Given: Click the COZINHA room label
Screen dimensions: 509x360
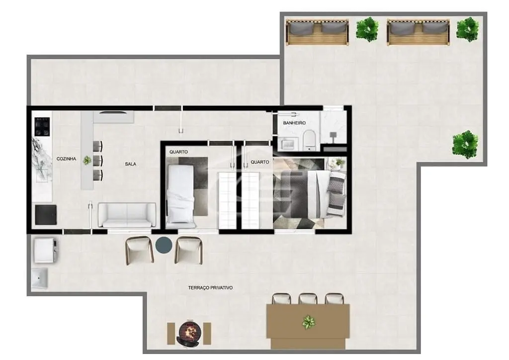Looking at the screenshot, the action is pyautogui.click(x=66, y=159).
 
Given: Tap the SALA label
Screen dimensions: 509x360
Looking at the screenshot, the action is pyautogui.click(x=131, y=164).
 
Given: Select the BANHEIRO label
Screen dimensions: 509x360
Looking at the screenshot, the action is pyautogui.click(x=294, y=123).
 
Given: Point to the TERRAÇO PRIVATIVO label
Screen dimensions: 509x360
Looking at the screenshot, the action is pyautogui.click(x=210, y=287).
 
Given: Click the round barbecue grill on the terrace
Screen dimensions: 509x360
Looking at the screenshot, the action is pyautogui.click(x=189, y=333).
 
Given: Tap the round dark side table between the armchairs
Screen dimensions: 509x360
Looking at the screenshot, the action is pyautogui.click(x=164, y=245).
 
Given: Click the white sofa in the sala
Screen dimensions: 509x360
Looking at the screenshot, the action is pyautogui.click(x=127, y=215).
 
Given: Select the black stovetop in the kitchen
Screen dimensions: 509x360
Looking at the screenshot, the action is pyautogui.click(x=42, y=127).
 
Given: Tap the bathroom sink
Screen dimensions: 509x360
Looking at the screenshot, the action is pyautogui.click(x=289, y=143).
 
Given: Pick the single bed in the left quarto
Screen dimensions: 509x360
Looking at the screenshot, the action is pyautogui.click(x=181, y=194).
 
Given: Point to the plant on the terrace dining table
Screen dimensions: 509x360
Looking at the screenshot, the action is pyautogui.click(x=308, y=322).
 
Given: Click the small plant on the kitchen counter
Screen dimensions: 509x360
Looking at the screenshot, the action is pyautogui.click(x=87, y=160).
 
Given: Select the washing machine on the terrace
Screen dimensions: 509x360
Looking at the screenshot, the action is pyautogui.click(x=46, y=250).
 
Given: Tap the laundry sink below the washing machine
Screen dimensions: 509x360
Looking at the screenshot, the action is pyautogui.click(x=40, y=278).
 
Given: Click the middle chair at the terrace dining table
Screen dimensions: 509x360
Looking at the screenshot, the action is pyautogui.click(x=308, y=299).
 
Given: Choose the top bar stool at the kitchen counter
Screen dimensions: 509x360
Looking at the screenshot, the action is pyautogui.click(x=98, y=146).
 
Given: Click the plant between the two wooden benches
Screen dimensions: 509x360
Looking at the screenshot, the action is pyautogui.click(x=367, y=30).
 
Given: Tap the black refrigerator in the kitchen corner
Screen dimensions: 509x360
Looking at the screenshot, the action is pyautogui.click(x=46, y=215).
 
